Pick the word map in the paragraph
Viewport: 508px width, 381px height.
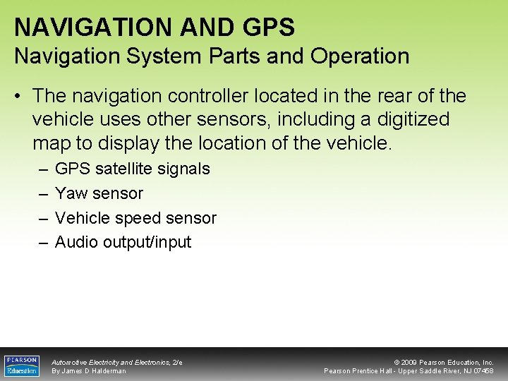[x=51, y=143]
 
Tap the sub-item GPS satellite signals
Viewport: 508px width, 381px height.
[x=132, y=169]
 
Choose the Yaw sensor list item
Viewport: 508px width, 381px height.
[x=99, y=193]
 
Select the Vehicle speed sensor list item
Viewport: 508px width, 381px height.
[x=135, y=218]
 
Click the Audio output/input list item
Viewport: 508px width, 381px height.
[x=123, y=242]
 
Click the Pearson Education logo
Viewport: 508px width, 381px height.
[x=22, y=365]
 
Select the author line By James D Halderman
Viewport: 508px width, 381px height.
[x=89, y=371]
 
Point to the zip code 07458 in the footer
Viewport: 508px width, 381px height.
[x=483, y=371]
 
